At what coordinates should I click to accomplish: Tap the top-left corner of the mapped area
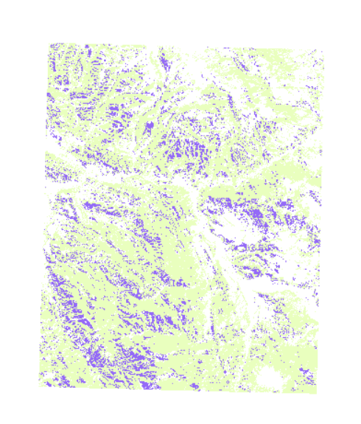point(50,44)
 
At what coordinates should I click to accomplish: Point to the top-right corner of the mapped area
point(322,49)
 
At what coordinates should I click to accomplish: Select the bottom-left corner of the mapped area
point(40,384)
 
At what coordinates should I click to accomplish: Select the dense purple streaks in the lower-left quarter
point(77,310)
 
